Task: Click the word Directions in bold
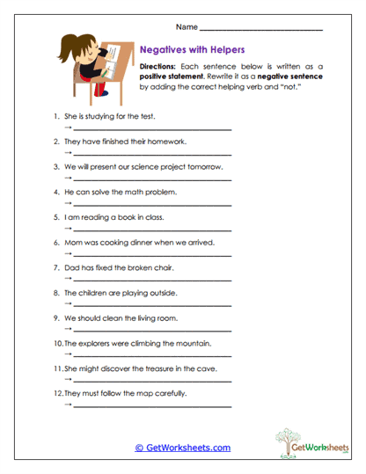point(157,67)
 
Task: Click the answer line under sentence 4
point(149,205)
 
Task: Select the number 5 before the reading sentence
point(56,216)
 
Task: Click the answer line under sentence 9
point(149,331)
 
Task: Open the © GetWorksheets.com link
point(182,448)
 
